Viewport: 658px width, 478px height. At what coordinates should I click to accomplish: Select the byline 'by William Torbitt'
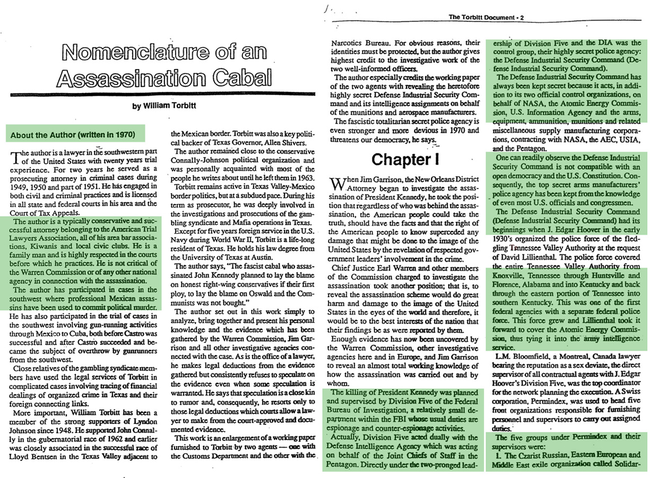[x=164, y=105]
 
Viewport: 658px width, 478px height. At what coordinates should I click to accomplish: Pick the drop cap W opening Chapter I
[x=336, y=184]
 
